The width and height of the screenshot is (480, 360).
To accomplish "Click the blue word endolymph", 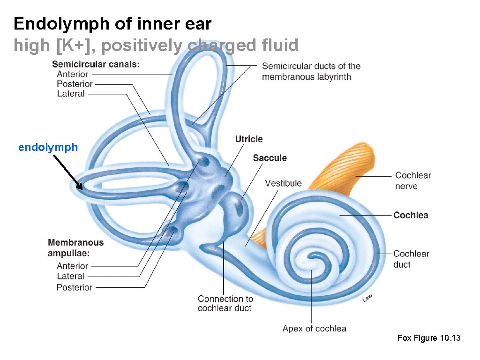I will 48,148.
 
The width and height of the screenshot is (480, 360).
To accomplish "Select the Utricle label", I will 249,139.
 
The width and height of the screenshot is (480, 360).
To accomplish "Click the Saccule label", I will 270,158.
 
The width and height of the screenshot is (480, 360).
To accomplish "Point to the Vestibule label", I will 283,183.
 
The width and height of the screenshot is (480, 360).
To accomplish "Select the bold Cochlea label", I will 411,215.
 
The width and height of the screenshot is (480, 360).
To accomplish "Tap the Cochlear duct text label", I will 411,259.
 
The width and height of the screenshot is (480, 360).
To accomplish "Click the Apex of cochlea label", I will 314,329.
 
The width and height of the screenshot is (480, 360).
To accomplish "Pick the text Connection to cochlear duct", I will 225,303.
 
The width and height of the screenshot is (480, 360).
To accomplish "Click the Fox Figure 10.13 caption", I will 429,338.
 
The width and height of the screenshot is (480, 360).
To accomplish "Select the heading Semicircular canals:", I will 96,64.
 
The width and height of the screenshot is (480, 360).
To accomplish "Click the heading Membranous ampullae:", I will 75,247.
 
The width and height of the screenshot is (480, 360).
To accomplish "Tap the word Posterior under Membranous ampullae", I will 75,287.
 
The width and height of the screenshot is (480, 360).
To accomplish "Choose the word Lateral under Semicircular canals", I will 71,94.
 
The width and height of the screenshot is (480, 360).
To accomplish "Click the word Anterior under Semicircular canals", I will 72,74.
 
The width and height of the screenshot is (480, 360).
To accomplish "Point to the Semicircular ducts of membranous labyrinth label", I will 311,71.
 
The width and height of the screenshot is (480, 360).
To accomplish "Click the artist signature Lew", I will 368,298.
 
